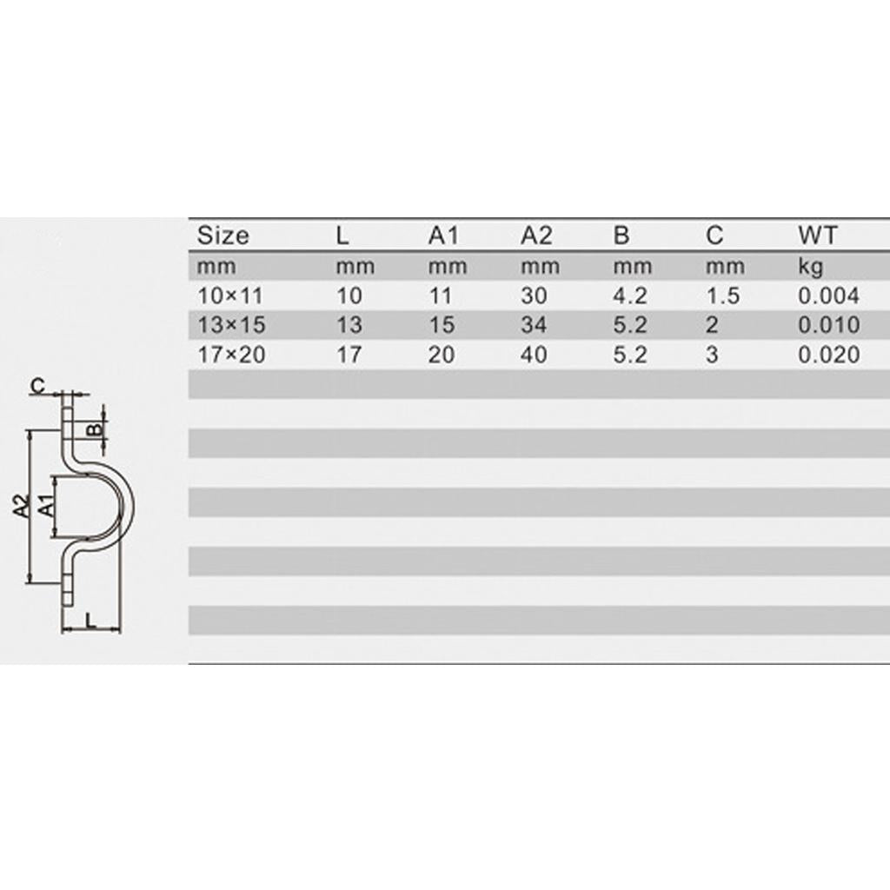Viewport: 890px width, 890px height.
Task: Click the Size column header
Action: pos(222,236)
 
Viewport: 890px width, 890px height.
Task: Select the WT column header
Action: pos(817,236)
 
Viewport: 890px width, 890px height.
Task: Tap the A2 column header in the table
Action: pos(536,236)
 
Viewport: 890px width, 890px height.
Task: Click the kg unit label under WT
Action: pos(811,267)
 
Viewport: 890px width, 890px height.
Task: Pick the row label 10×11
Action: pos(230,296)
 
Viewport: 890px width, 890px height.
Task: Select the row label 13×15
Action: pos(231,325)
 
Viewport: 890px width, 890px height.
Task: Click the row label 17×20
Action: pos(231,355)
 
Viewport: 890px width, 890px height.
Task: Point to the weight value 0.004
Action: pos(828,296)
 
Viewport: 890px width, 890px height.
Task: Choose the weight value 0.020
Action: pos(828,355)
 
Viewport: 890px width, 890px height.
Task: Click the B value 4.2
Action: pos(631,296)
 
